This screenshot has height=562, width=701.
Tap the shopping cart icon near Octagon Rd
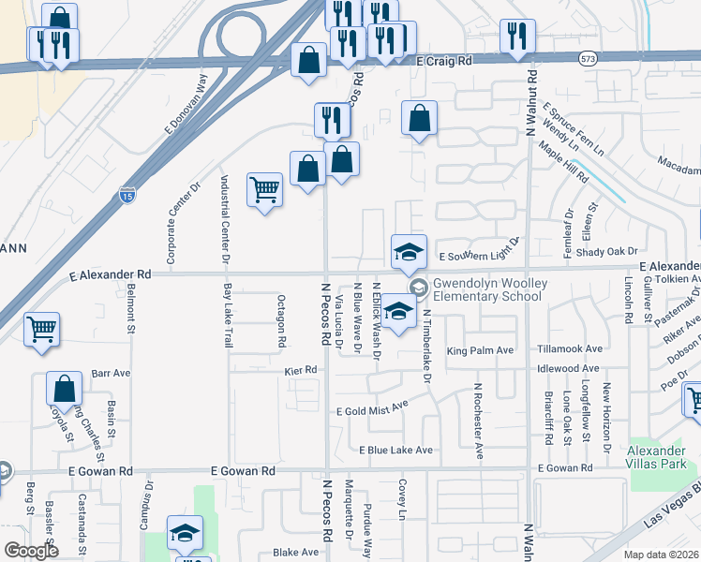coord(265,190)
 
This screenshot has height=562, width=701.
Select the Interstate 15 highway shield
coord(127,194)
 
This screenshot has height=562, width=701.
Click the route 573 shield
coord(586,59)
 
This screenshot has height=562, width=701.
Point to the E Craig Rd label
coord(445,59)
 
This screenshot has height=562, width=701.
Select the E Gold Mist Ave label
coord(373,408)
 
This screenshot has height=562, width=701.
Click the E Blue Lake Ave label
coord(396,451)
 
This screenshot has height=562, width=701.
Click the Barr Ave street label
coord(111,373)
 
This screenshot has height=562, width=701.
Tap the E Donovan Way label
coord(186,101)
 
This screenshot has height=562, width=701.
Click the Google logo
coord(32,551)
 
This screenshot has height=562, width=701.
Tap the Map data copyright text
coord(662,555)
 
